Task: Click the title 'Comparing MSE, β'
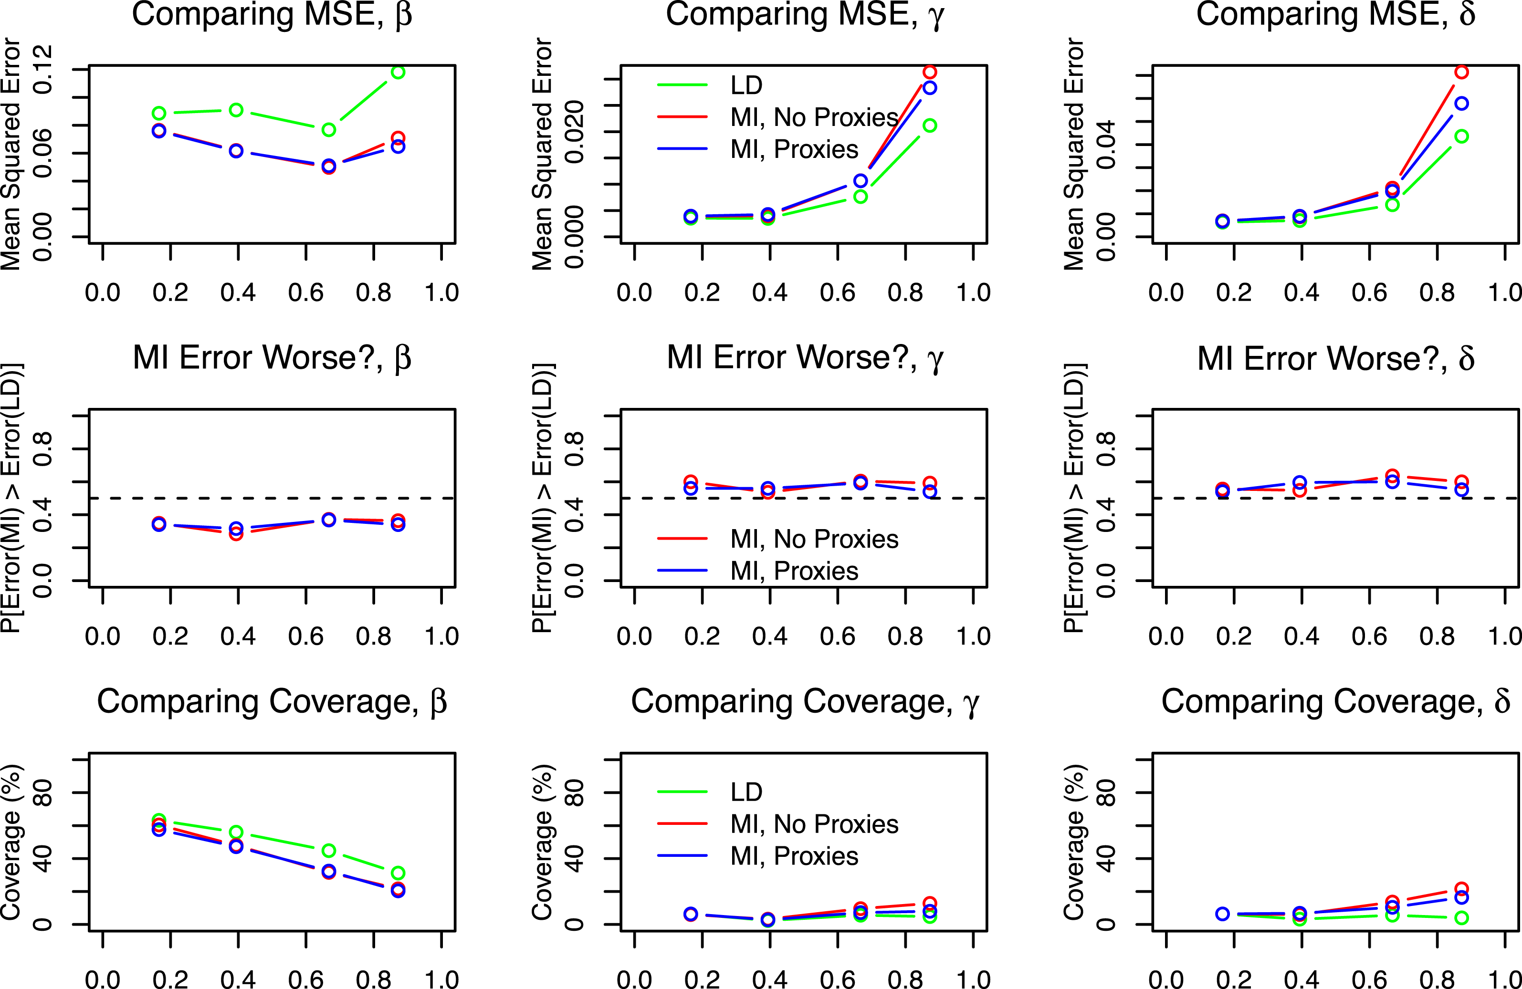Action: tap(272, 15)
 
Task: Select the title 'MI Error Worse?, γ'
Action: tap(805, 358)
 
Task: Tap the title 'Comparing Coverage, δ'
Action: tap(1335, 701)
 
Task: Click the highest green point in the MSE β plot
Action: tap(398, 72)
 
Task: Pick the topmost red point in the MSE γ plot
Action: tap(930, 72)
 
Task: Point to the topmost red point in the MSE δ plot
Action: tap(1461, 72)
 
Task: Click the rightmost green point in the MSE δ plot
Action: tap(1461, 136)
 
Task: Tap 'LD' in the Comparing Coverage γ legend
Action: tap(746, 792)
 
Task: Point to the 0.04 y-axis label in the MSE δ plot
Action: tap(1106, 145)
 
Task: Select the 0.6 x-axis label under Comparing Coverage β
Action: tap(305, 979)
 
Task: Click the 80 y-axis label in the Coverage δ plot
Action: tap(1106, 793)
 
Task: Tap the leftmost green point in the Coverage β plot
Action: tap(159, 820)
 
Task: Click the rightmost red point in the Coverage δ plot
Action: tap(1461, 889)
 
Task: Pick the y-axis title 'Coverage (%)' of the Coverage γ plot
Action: tap(542, 842)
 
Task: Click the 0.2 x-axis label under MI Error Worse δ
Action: tap(1234, 636)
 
